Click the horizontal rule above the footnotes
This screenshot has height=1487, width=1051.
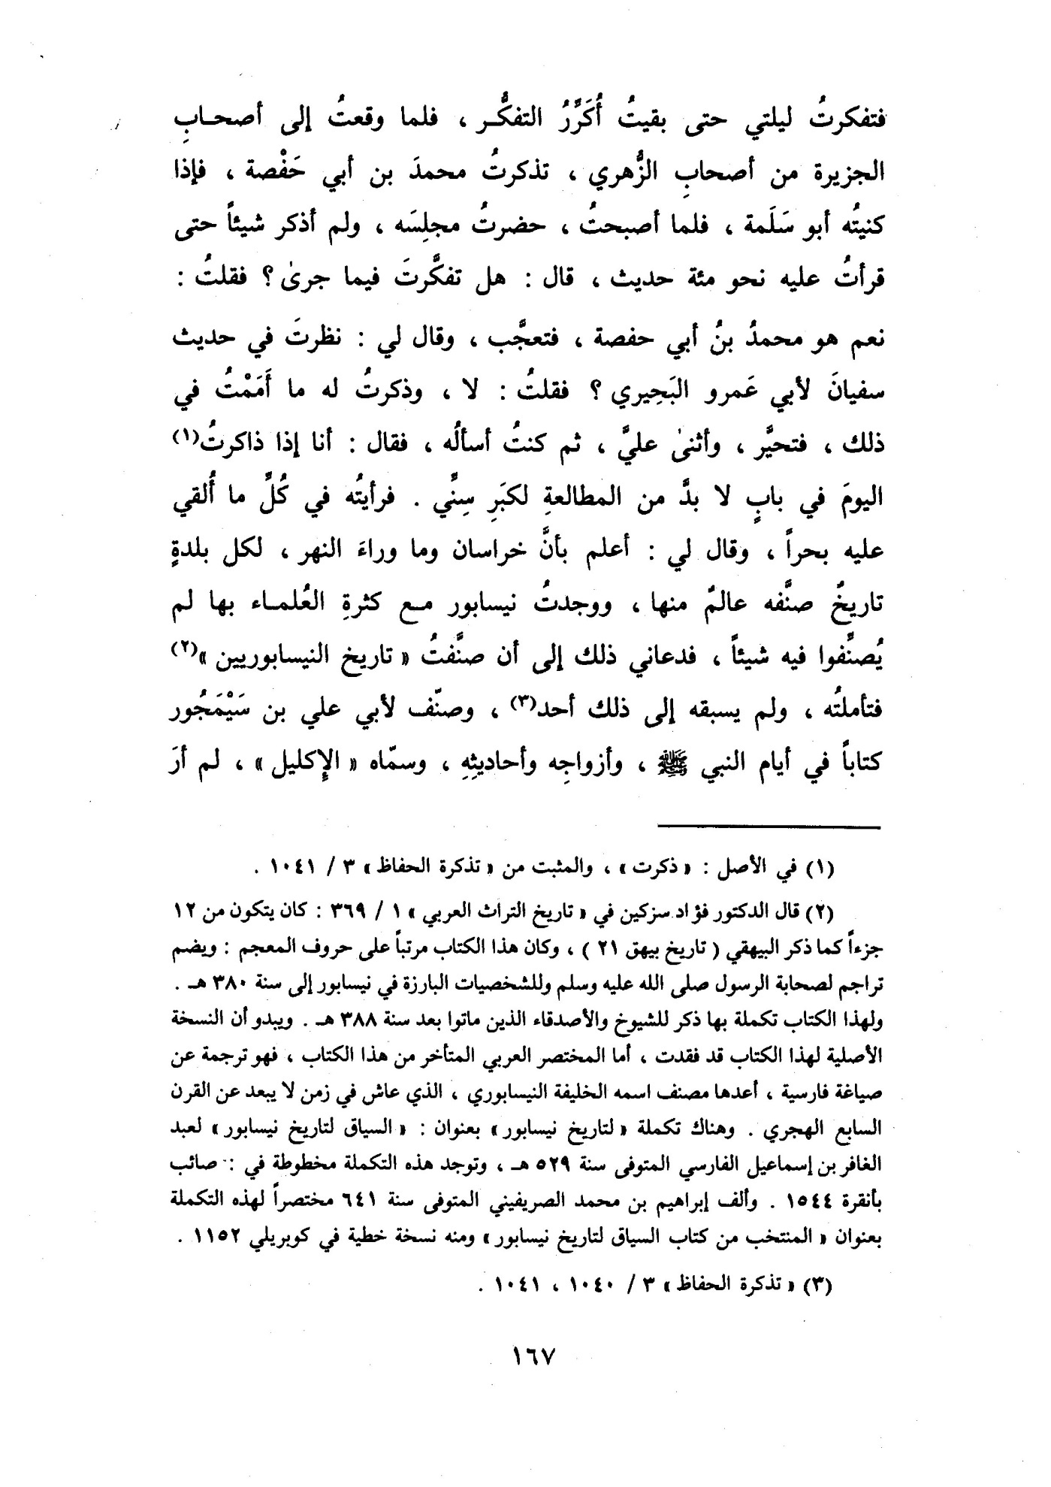pyautogui.click(x=768, y=827)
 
